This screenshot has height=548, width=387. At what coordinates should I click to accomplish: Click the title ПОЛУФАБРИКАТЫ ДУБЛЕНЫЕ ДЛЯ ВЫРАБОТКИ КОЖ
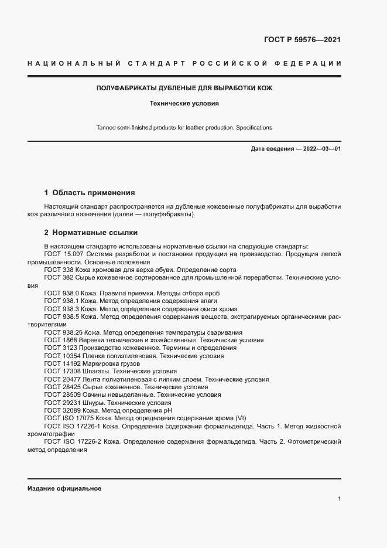point(184,89)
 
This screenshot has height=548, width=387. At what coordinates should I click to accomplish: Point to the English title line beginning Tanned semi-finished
point(184,127)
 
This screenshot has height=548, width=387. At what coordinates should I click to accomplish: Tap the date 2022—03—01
point(320,149)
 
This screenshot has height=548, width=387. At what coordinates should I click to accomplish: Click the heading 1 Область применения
point(90,192)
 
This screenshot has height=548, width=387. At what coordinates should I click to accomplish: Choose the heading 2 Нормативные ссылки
point(91,232)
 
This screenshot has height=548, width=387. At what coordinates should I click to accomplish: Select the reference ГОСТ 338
point(57,270)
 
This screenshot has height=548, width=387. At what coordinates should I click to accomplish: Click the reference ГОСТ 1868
point(59,340)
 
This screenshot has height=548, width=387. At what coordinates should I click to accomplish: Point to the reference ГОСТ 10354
point(61,356)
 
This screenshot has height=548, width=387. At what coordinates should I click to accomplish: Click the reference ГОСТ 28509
point(61,395)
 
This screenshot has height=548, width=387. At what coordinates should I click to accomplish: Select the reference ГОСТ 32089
point(61,411)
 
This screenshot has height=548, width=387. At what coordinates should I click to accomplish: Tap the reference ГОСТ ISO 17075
point(67,418)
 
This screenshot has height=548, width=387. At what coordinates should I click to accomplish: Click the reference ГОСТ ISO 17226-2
point(70,442)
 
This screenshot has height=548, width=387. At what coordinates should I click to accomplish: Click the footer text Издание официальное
point(64,488)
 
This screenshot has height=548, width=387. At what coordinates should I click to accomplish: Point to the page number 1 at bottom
point(340,498)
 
